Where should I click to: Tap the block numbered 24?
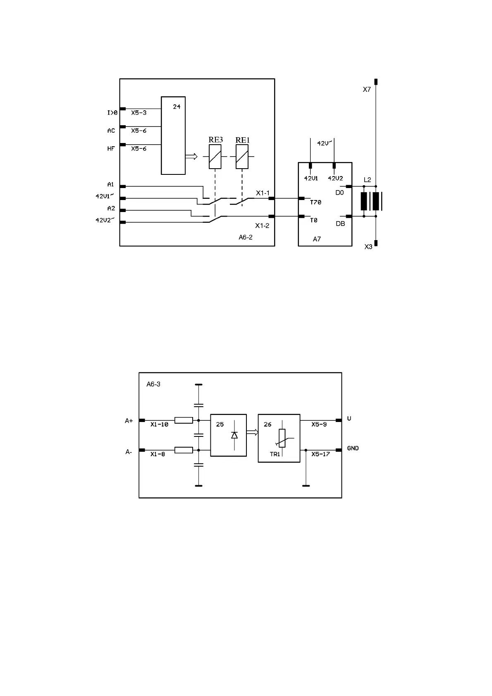[173, 136]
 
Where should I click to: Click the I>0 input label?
[112, 112]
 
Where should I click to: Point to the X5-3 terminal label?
[139, 112]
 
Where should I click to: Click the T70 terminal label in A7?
[315, 203]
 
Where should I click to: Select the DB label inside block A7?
[340, 224]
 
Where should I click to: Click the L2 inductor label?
[367, 180]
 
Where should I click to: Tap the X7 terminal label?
[367, 89]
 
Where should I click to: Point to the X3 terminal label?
[368, 247]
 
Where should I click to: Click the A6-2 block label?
[246, 237]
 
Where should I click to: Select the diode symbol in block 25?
[234, 435]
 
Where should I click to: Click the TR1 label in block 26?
[275, 454]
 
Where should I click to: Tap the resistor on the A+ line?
[184, 420]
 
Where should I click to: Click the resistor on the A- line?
[184, 450]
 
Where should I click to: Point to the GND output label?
[353, 448]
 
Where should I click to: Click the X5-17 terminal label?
[320, 454]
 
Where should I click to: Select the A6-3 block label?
[153, 384]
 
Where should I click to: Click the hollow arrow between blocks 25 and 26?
[252, 432]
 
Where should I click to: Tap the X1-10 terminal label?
[159, 424]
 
